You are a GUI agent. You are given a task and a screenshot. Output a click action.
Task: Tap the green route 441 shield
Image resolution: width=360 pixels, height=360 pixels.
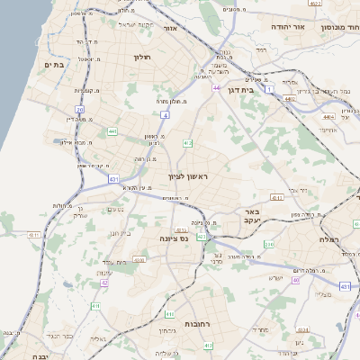(112, 132)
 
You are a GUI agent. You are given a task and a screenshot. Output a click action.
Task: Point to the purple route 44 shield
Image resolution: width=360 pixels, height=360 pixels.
(217, 88)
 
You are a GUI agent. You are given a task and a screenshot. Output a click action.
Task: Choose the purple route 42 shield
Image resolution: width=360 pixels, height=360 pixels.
(104, 283)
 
